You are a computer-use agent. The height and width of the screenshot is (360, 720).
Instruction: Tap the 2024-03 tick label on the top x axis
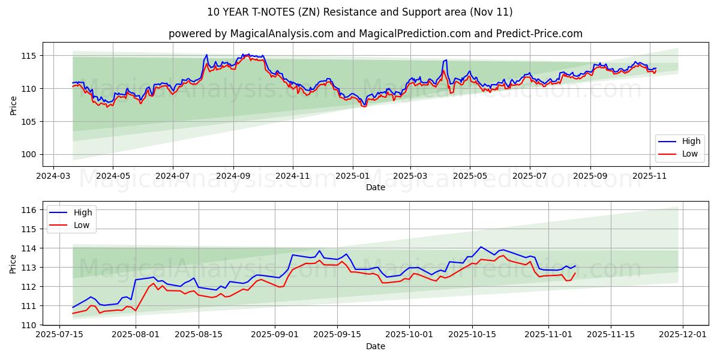[54, 177]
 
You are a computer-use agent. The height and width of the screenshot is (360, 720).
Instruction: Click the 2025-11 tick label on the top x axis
[650, 177]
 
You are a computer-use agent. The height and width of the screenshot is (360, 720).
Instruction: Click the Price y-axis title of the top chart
[13, 105]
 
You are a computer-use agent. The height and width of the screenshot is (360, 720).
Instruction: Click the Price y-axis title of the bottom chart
[13, 263]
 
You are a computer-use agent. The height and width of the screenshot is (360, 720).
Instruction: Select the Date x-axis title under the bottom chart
[375, 346]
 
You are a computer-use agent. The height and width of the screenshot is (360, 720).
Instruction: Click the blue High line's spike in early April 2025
[445, 60]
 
